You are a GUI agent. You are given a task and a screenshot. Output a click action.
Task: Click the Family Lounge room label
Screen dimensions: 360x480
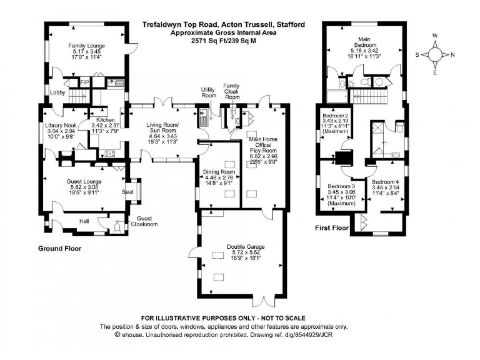[86, 46]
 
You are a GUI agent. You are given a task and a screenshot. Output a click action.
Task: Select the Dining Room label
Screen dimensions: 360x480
[219, 172]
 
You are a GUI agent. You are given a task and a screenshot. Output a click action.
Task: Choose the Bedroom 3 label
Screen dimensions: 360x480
[341, 186]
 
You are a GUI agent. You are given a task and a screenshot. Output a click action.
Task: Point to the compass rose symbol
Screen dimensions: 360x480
[434, 54]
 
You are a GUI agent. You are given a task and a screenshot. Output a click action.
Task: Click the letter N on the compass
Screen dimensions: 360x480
[452, 54]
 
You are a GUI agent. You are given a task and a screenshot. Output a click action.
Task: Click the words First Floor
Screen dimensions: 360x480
[331, 228]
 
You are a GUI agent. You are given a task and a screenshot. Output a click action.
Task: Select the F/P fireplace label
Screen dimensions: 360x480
[84, 82]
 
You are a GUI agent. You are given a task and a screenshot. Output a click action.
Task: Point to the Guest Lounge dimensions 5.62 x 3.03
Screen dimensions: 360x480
[84, 187]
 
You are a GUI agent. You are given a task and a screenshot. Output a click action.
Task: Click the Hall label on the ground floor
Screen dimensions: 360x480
[84, 221]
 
